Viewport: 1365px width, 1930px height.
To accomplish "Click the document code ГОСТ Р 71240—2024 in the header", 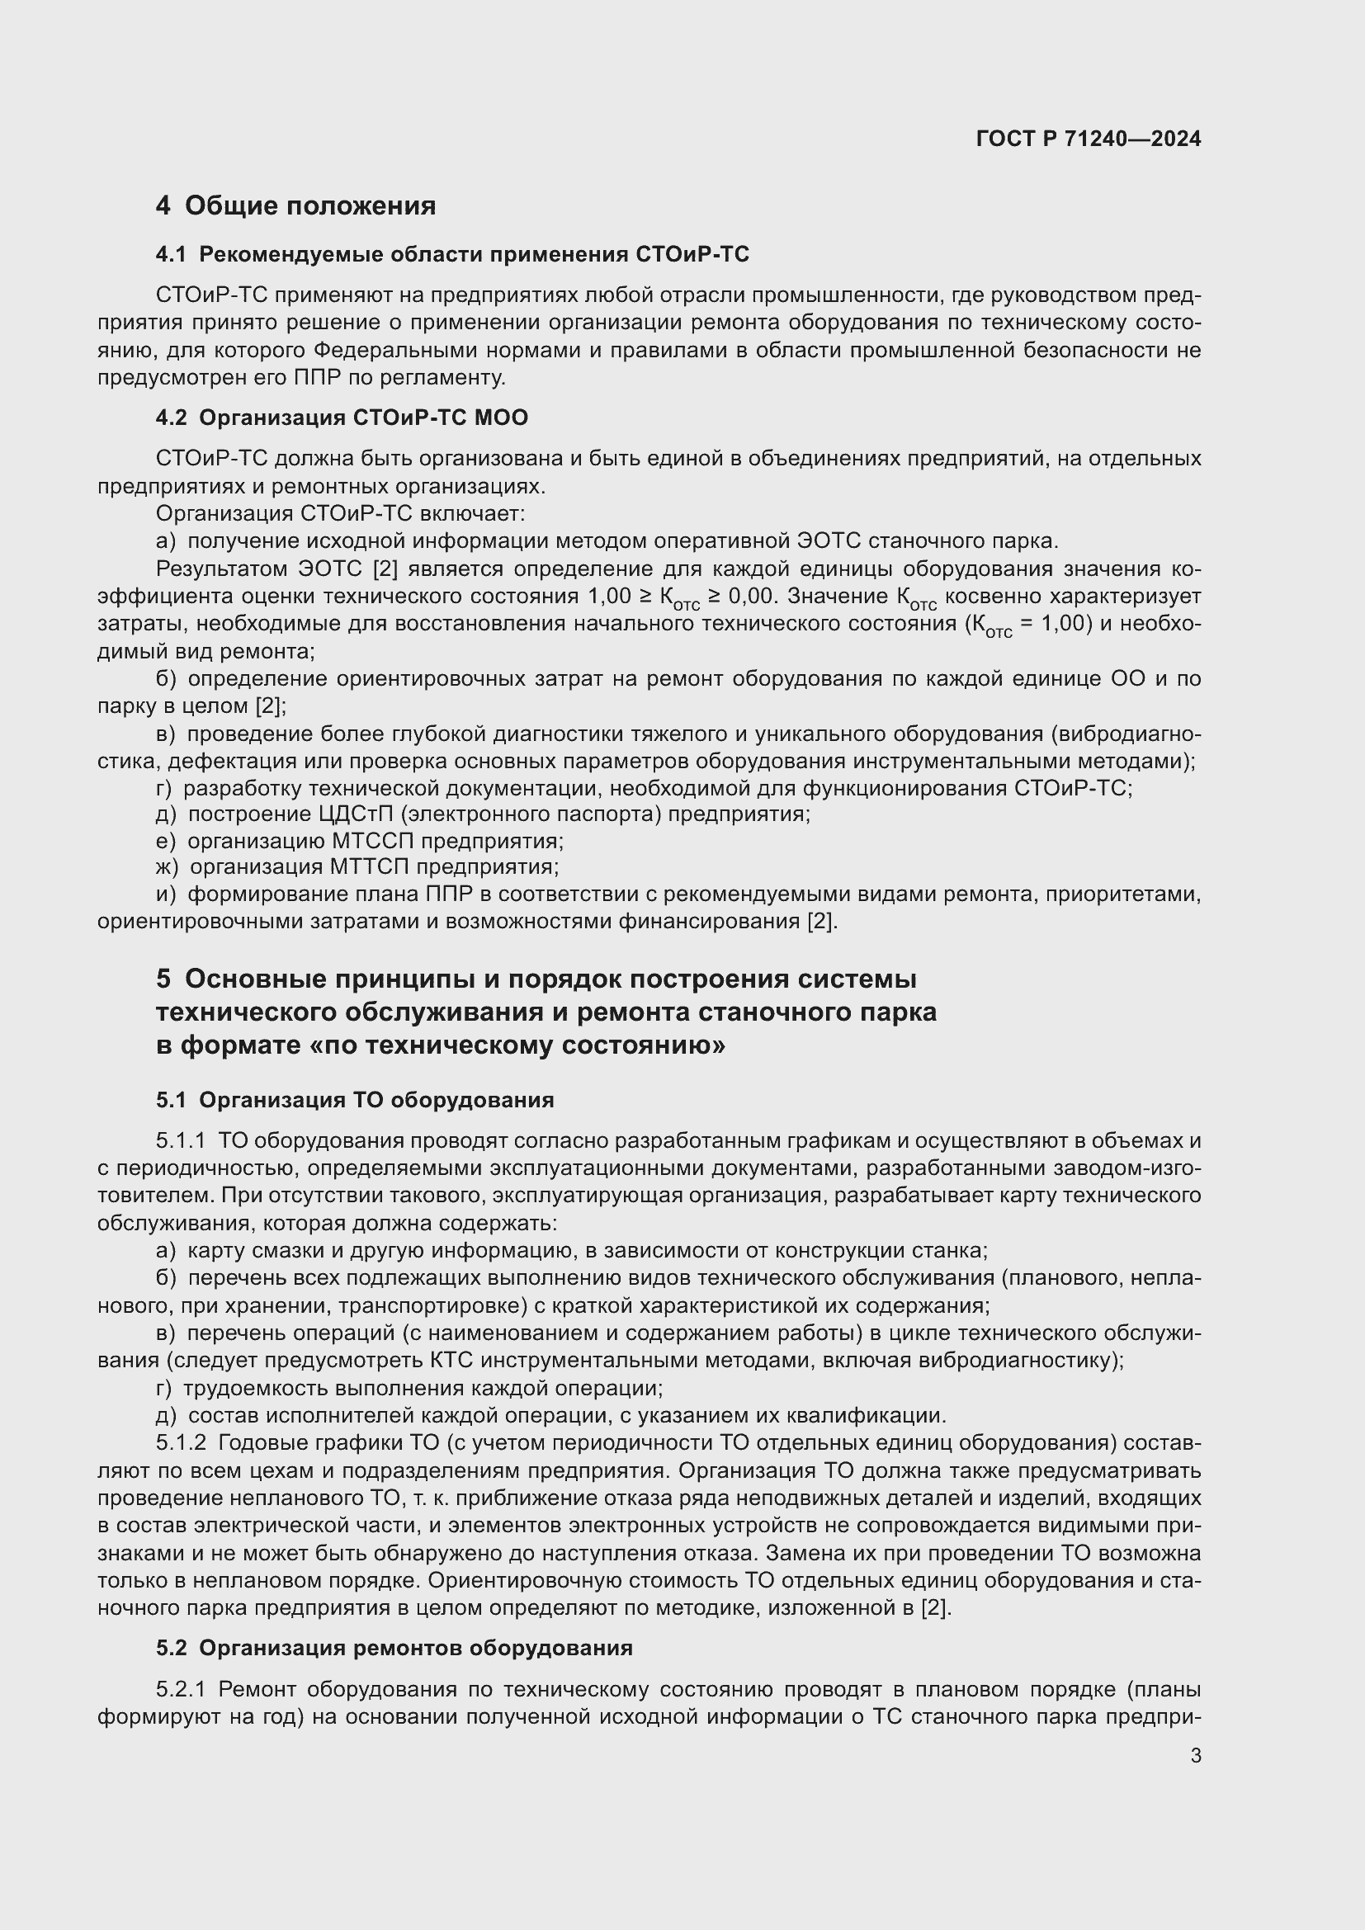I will point(1088,139).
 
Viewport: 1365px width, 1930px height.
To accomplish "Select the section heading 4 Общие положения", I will point(296,206).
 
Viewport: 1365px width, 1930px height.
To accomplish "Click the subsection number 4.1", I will point(171,255).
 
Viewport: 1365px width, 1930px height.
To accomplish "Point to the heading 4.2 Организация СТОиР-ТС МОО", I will point(342,418).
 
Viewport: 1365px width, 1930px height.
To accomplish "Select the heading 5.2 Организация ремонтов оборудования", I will point(394,1649).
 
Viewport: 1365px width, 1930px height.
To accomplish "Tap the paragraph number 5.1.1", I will point(180,1141).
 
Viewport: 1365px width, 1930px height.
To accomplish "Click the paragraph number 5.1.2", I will point(180,1443).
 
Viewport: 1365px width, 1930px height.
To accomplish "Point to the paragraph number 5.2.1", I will point(180,1690).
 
